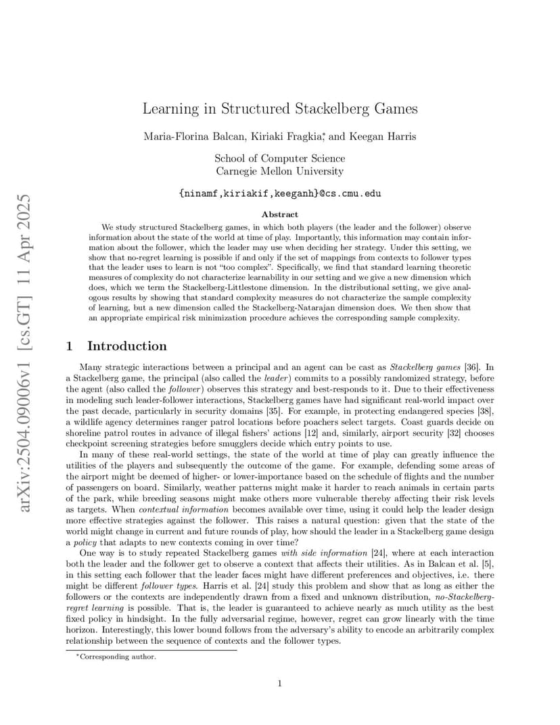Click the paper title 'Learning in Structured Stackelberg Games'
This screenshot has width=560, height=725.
tap(280, 109)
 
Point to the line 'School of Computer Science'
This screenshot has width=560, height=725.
tap(280, 158)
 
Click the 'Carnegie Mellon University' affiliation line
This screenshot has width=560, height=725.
tap(280, 171)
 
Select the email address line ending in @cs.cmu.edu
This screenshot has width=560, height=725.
tap(280, 193)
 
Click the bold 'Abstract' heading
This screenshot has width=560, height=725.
tap(280, 214)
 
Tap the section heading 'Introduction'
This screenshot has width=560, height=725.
tap(127, 346)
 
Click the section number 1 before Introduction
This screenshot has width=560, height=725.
tap(70, 346)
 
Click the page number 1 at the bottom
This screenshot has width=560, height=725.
tap(280, 684)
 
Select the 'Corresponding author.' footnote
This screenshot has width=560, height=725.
tap(118, 656)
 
